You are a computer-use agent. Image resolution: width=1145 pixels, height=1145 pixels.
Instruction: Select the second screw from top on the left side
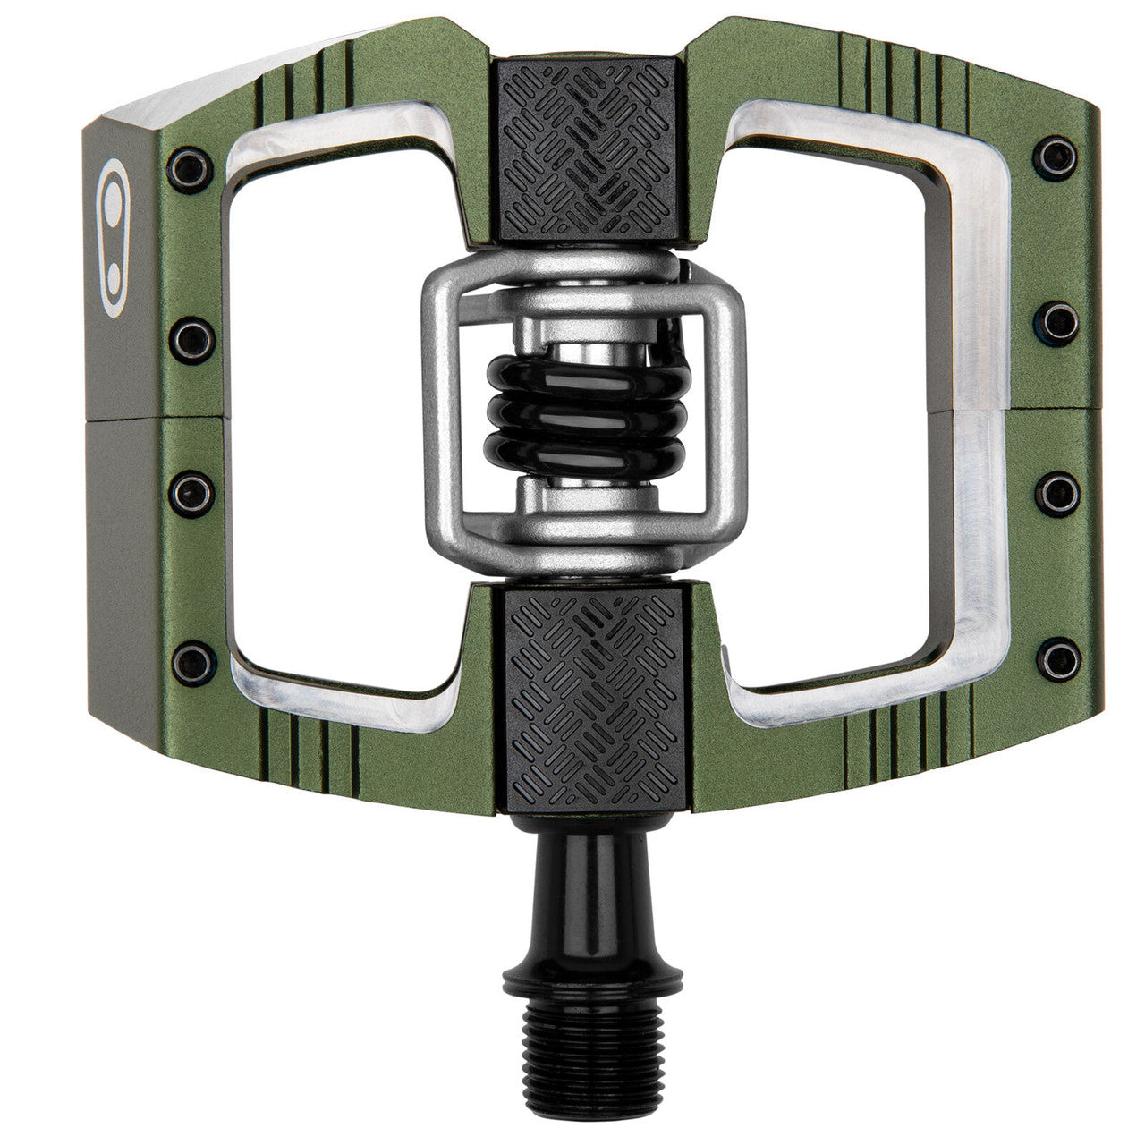[192, 336]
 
